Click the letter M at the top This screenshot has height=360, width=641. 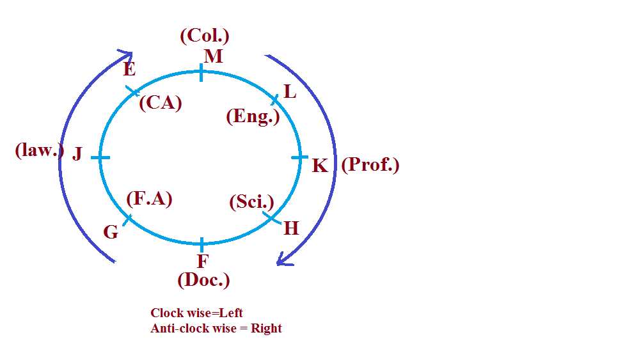213,56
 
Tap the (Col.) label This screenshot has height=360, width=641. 205,36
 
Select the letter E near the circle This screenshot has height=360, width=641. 130,69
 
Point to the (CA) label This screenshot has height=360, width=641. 161,102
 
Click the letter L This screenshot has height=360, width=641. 290,92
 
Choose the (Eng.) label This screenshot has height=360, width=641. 253,116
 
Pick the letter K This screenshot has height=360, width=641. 320,166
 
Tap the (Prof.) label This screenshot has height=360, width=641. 370,165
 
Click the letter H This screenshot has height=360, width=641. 291,228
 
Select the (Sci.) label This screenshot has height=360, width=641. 251,202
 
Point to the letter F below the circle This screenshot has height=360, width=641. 202,261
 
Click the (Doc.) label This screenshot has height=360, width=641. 203,279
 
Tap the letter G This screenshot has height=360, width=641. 111,232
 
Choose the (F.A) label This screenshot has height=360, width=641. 150,199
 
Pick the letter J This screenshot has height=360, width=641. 77,153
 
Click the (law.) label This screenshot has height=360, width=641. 40,151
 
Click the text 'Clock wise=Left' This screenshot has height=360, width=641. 197,313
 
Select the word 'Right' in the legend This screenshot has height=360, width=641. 266,329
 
